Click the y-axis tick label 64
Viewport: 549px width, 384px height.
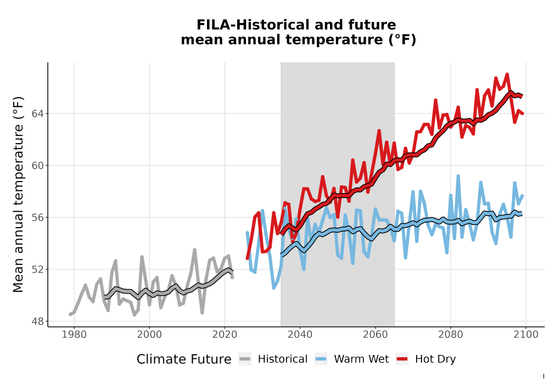[38, 114]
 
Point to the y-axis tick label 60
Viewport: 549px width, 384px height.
[38, 166]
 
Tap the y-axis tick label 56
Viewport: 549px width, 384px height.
[38, 218]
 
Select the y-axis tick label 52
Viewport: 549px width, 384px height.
[38, 269]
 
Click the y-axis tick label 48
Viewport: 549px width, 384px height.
[38, 321]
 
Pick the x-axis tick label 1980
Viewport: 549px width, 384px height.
[74, 335]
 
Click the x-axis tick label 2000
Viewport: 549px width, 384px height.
[149, 335]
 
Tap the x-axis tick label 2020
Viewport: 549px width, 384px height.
[225, 335]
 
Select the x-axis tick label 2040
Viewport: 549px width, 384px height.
[300, 335]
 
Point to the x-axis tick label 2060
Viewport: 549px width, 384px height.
[375, 335]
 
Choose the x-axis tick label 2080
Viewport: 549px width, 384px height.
[451, 335]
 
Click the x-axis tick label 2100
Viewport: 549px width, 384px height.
[526, 335]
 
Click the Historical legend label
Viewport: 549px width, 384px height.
[283, 359]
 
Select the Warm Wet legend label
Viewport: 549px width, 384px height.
[361, 359]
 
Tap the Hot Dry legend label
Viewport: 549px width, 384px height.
[435, 360]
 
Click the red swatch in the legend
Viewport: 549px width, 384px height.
[402, 359]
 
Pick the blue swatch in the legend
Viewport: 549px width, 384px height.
[321, 359]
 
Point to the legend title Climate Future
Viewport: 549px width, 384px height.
[184, 359]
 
